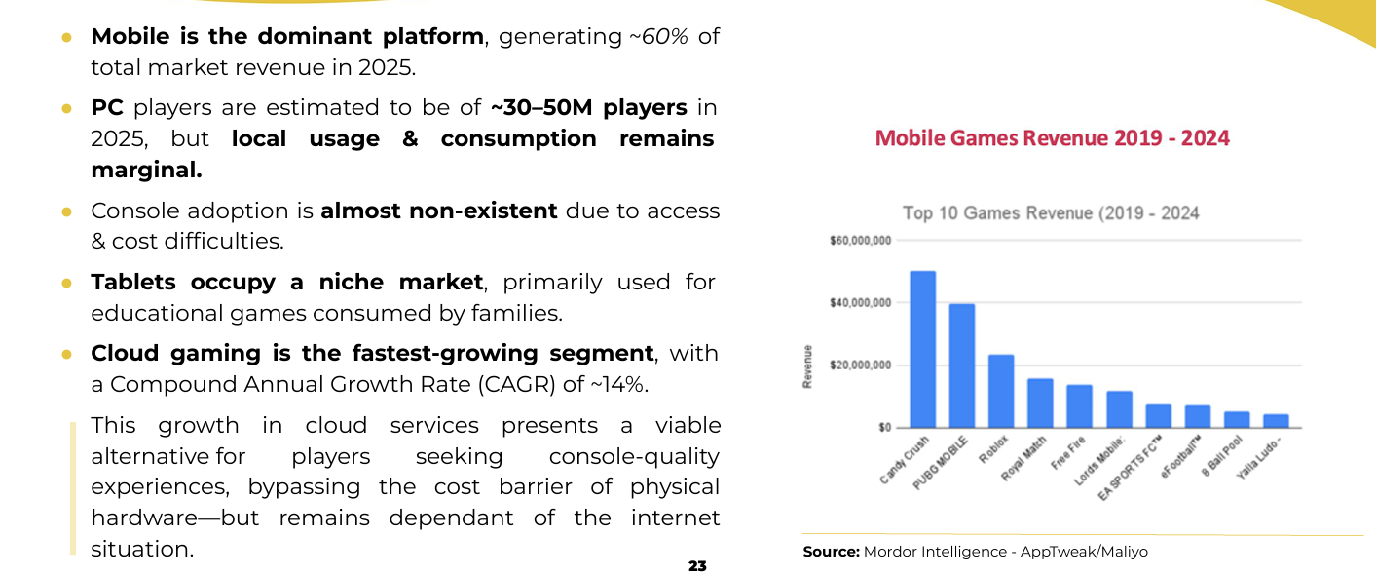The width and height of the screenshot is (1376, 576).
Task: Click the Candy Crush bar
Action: [922, 349]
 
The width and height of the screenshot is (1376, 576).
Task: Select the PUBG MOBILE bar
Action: [962, 365]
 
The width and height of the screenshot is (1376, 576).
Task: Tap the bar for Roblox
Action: [1001, 391]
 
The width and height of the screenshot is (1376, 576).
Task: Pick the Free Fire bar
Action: [1079, 406]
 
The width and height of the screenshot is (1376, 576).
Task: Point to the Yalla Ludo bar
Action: [1276, 421]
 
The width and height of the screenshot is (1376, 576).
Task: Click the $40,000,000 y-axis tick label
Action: [860, 302]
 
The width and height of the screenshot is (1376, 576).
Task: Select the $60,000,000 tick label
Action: [860, 241]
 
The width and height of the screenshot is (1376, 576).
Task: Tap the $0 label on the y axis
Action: [884, 427]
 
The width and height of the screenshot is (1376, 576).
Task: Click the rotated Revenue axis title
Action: [807, 367]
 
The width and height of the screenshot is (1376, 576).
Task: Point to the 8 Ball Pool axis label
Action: [1222, 455]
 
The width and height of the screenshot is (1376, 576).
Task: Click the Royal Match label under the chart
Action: [1023, 459]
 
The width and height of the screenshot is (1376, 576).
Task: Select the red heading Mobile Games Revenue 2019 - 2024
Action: [1053, 138]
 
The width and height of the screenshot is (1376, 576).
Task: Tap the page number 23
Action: [697, 566]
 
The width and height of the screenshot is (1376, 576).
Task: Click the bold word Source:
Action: [831, 552]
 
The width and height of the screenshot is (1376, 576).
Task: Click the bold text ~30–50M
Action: [541, 107]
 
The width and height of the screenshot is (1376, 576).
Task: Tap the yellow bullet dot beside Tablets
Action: [66, 284]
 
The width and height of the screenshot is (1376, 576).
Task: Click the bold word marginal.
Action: [146, 170]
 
